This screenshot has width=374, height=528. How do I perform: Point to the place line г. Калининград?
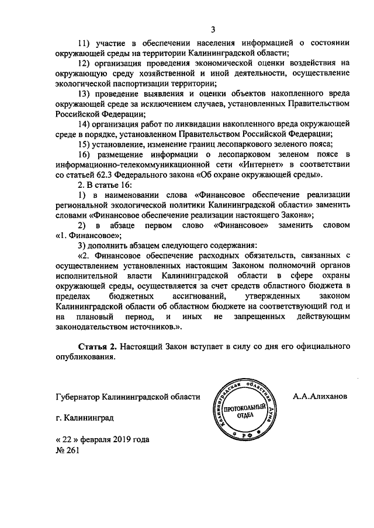pyautogui.click(x=81, y=418)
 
